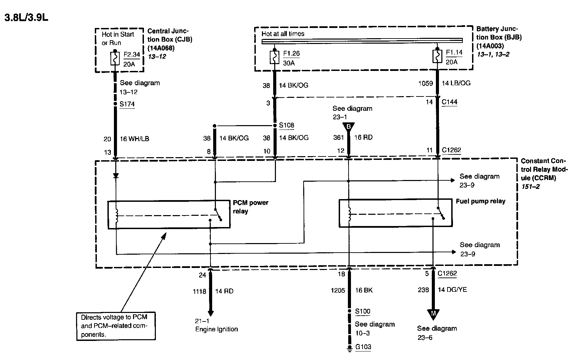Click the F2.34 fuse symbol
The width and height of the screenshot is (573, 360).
coord(115,59)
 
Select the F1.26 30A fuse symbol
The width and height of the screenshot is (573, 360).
coord(275,57)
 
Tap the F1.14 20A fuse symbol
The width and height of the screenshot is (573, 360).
coord(437,57)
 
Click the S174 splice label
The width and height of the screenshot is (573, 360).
coord(127,104)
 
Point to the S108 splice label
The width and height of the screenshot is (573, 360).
coord(286,125)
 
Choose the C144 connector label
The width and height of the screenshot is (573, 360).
coord(449,102)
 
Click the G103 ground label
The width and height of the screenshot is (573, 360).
coord(363,347)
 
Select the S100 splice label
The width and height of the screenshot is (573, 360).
coord(363,311)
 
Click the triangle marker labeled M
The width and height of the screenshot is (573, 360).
coord(433,314)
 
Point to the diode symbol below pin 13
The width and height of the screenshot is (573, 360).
coord(116,176)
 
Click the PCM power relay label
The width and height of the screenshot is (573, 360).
coord(250,207)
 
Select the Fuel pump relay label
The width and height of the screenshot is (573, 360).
coord(480,201)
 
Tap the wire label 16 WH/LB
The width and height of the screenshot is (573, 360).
coord(134,139)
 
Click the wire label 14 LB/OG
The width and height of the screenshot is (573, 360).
coord(456,83)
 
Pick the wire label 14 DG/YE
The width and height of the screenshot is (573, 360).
coord(452,290)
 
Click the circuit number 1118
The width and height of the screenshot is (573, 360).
coord(199,291)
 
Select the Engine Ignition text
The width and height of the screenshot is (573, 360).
coord(216,329)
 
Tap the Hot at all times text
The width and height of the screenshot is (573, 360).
coord(283,34)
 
